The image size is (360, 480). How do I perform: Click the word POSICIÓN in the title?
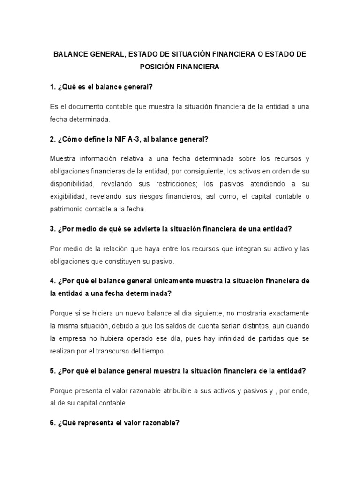pos(158,67)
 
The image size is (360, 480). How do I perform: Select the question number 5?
pos(52,370)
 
